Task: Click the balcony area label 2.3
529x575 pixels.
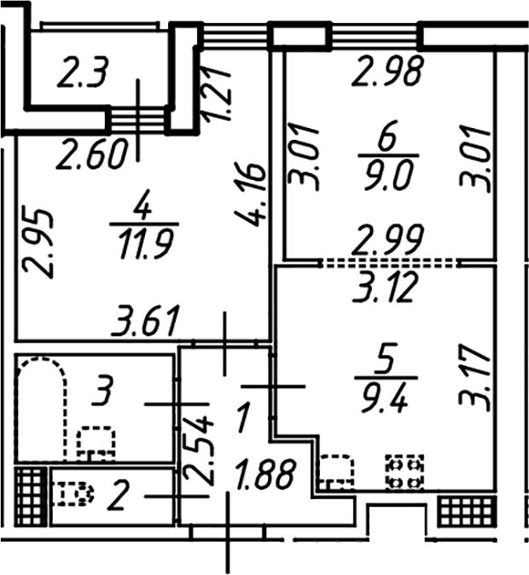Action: click(84, 73)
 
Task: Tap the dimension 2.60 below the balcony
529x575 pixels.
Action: click(93, 154)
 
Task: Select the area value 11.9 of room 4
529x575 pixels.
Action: click(144, 243)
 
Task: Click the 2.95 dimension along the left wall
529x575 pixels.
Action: click(38, 243)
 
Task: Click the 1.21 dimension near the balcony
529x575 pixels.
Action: click(218, 93)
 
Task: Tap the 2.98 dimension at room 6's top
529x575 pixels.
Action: click(388, 71)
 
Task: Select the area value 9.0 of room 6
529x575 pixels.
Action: click(388, 175)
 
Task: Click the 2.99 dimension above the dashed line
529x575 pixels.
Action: click(388, 240)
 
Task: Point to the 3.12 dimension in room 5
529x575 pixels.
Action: click(386, 287)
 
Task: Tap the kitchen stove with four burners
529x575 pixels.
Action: click(404, 472)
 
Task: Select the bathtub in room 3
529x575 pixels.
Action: click(42, 409)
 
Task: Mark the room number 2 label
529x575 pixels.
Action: click(118, 496)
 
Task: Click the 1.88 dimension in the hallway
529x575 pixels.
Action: click(265, 475)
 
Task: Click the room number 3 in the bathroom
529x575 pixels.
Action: click(102, 391)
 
